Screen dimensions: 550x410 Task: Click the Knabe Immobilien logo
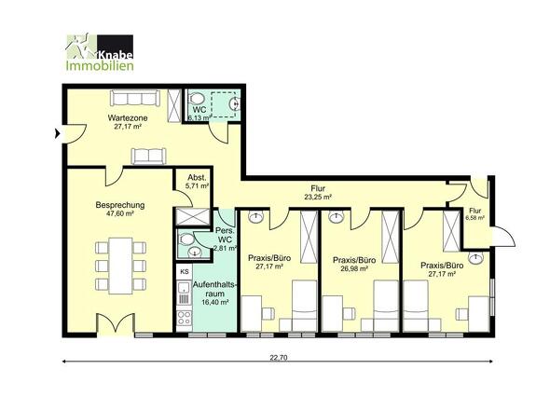click(x=100, y=52)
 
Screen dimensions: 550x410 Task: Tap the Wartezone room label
click(x=128, y=117)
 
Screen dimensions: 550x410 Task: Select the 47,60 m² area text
click(x=120, y=213)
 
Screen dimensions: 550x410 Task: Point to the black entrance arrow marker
click(x=57, y=133)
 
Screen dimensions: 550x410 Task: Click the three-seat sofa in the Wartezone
click(x=135, y=98)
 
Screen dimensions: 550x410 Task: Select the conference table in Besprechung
click(x=120, y=266)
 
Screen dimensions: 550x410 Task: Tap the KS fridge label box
click(x=185, y=272)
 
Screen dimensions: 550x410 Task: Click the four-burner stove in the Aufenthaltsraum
click(x=185, y=318)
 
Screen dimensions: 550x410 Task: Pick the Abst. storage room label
click(x=197, y=177)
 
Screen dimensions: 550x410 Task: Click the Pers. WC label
click(x=225, y=236)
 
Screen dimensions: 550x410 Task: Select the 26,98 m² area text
click(x=354, y=268)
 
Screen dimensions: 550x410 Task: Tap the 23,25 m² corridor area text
click(x=318, y=198)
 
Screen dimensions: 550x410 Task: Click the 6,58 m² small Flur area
click(x=474, y=218)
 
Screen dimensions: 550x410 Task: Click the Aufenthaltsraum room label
click(x=215, y=289)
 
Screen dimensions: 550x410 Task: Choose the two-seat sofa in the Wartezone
click(x=149, y=156)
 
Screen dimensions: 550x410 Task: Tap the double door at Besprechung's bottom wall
click(x=116, y=324)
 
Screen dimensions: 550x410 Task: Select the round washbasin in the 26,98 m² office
click(x=337, y=217)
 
